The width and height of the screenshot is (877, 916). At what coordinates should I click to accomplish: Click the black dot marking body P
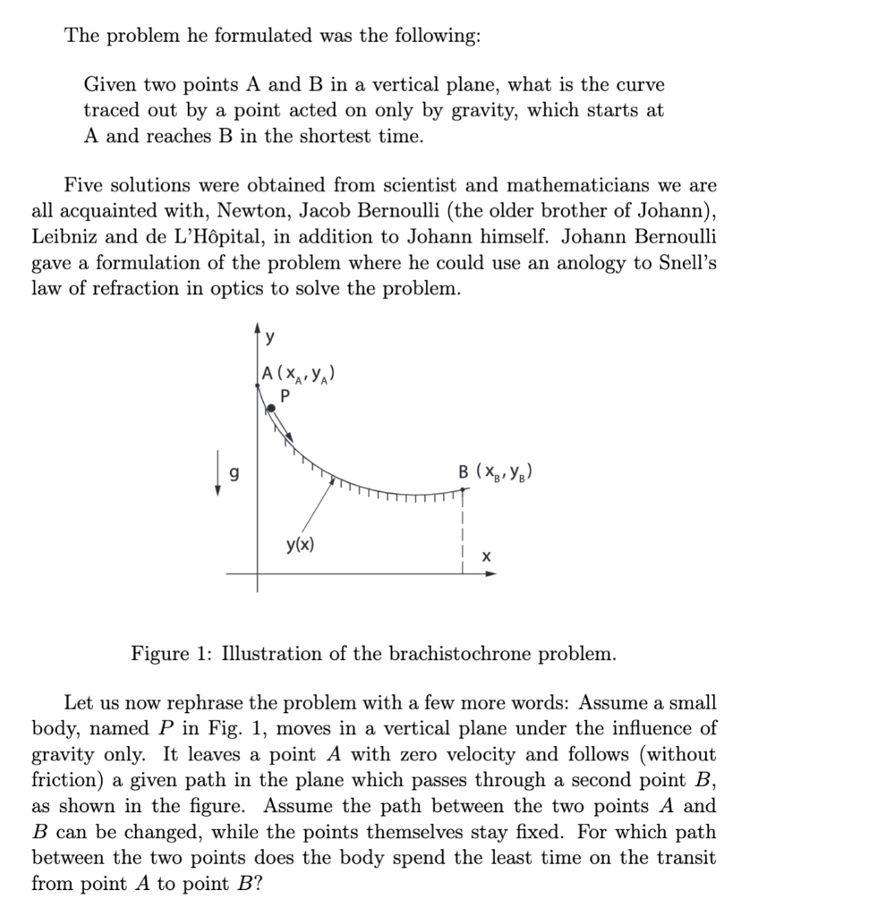pos(272,408)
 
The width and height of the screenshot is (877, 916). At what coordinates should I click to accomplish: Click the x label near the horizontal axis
pos(486,556)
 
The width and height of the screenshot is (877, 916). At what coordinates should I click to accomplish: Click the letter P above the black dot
pos(285,394)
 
